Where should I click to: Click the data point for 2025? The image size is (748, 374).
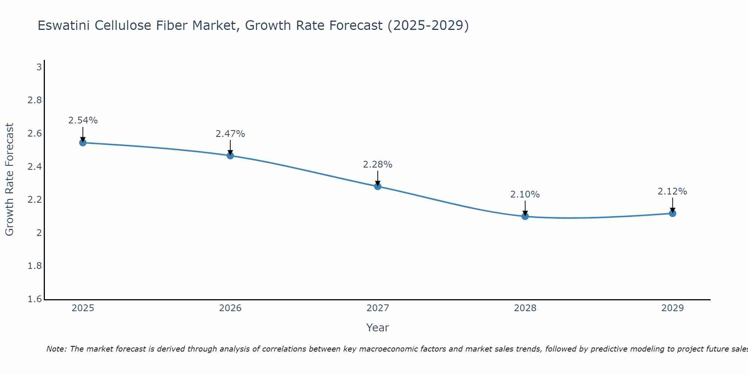[83, 142]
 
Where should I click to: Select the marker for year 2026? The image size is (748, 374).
[230, 156]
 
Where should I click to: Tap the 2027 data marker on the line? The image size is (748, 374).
[378, 186]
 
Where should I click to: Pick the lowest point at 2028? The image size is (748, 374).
[525, 216]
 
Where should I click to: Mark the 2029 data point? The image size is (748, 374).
[672, 213]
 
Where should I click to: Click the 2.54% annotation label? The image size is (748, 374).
[83, 120]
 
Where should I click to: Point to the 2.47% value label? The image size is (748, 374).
[230, 134]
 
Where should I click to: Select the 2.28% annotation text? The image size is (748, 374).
[378, 164]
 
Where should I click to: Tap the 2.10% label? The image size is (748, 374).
[525, 194]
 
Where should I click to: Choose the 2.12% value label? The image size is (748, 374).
[672, 191]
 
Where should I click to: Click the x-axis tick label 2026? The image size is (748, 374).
[230, 308]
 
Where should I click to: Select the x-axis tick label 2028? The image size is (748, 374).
[525, 308]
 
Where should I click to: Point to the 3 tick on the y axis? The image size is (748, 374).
[39, 67]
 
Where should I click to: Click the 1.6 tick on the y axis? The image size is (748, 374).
[35, 299]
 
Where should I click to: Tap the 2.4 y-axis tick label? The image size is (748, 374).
[35, 167]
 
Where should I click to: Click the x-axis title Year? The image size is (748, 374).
[378, 328]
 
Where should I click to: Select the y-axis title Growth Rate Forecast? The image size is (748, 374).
[9, 180]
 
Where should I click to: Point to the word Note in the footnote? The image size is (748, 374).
[56, 349]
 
